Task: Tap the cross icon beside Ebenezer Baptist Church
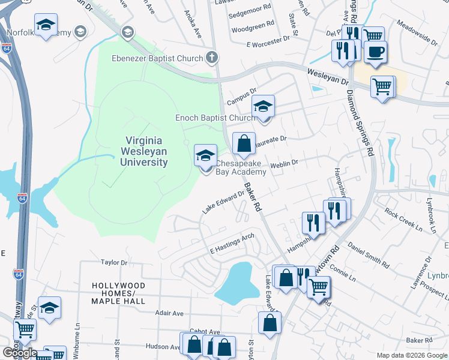pyautogui.click(x=211, y=58)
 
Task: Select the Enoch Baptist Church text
pyautogui.click(x=215, y=118)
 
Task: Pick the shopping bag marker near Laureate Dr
pyautogui.click(x=244, y=144)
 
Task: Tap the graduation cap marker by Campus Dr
pyautogui.click(x=262, y=106)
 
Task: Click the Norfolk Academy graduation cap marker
pyautogui.click(x=46, y=26)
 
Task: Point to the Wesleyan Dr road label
pyautogui.click(x=328, y=76)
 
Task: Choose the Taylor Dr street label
pyautogui.click(x=115, y=263)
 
